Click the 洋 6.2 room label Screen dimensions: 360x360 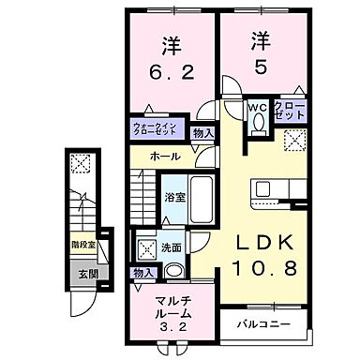tap(171, 58)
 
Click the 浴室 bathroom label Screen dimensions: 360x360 tap(175, 198)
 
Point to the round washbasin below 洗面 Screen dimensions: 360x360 tap(174, 273)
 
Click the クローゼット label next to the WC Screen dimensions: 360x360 tap(290, 109)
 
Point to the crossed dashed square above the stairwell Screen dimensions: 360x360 tap(82, 163)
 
